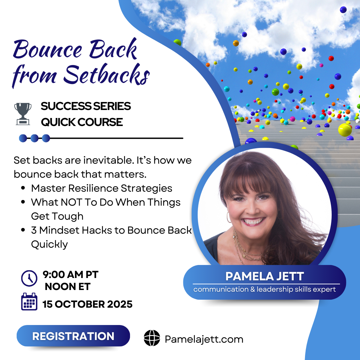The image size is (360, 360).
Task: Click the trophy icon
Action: pyautogui.click(x=23, y=114)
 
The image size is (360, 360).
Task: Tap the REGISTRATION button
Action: pyautogui.click(x=73, y=336)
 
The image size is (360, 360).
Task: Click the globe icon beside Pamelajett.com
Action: pyautogui.click(x=152, y=338)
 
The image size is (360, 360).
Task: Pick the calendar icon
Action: pyautogui.click(x=29, y=302)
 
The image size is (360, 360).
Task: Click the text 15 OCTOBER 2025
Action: pyautogui.click(x=88, y=304)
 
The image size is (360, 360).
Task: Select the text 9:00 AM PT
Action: pyautogui.click(x=71, y=275)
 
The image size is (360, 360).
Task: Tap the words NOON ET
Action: pyautogui.click(x=68, y=286)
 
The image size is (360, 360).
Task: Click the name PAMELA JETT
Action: pyautogui.click(x=264, y=276)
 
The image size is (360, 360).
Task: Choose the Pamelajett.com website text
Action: pyautogui.click(x=204, y=339)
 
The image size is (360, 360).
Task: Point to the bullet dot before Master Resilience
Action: pyautogui.click(x=23, y=188)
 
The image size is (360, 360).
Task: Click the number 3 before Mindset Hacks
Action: pyautogui.click(x=34, y=230)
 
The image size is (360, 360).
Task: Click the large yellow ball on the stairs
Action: pyautogui.click(x=345, y=130)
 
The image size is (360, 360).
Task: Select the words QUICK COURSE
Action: pyautogui.click(x=82, y=122)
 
